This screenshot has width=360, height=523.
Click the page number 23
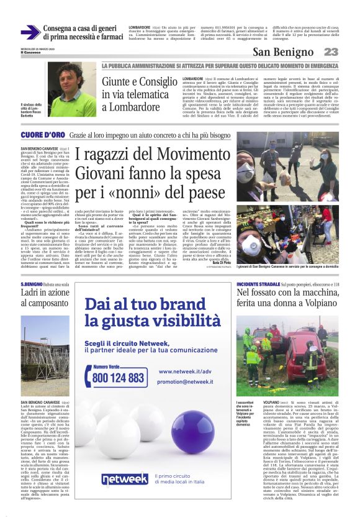tap(331, 52)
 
